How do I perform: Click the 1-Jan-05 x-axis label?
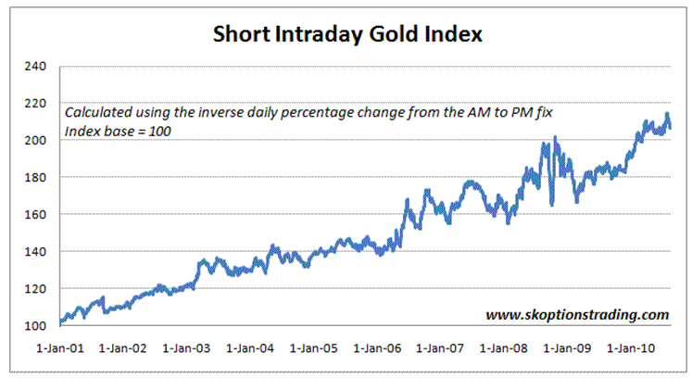[x=315, y=349]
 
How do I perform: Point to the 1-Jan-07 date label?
[x=441, y=349]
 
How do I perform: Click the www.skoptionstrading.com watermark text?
[x=577, y=314]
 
